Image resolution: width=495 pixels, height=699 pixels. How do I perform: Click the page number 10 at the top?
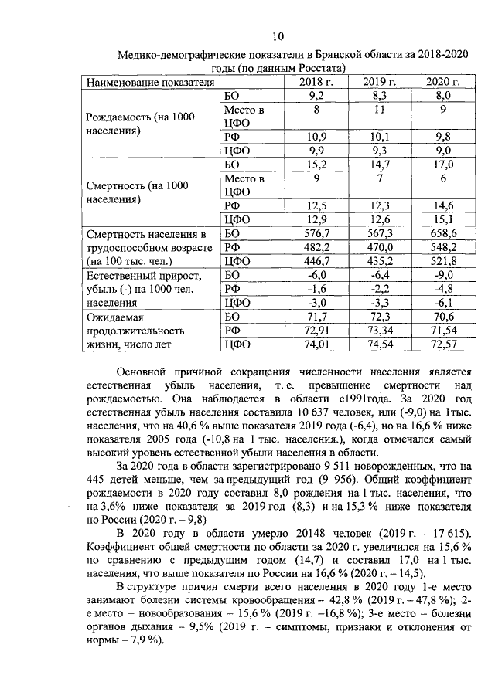tap(278, 36)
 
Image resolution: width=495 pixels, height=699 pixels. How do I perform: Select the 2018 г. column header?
tap(316, 83)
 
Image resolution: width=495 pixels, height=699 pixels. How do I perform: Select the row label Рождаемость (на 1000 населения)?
tap(138, 124)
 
